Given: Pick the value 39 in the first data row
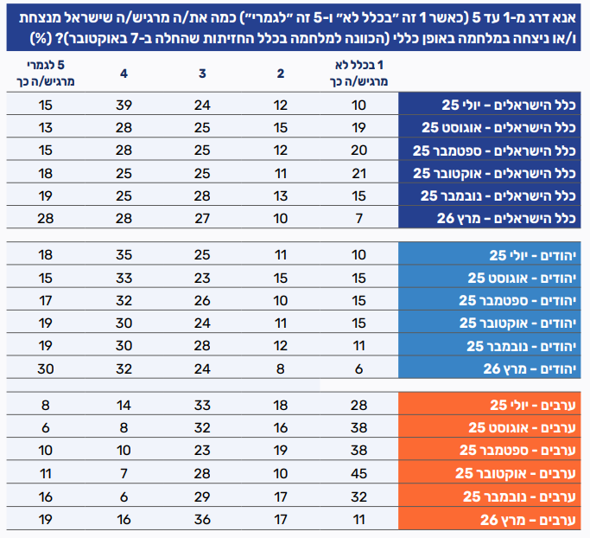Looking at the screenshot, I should point(124,106).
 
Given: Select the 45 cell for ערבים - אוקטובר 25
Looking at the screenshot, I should point(358,473).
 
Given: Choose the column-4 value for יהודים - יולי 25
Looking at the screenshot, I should point(124,256).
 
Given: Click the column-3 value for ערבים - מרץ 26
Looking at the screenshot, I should point(201,519).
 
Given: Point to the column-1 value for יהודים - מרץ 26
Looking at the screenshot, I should point(358,368).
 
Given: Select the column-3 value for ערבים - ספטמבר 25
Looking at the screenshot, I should point(201,451).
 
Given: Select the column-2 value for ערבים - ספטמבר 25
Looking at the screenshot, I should point(280,451).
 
